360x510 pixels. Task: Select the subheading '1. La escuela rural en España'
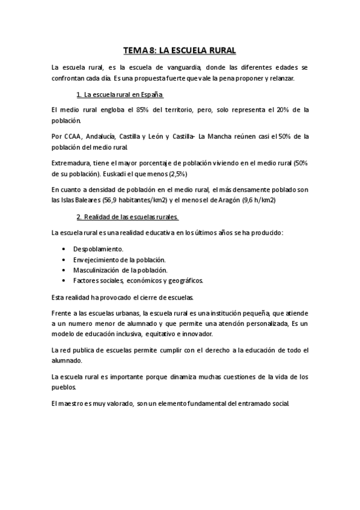[x=120, y=95]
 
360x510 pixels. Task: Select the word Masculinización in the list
[x=99, y=270]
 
